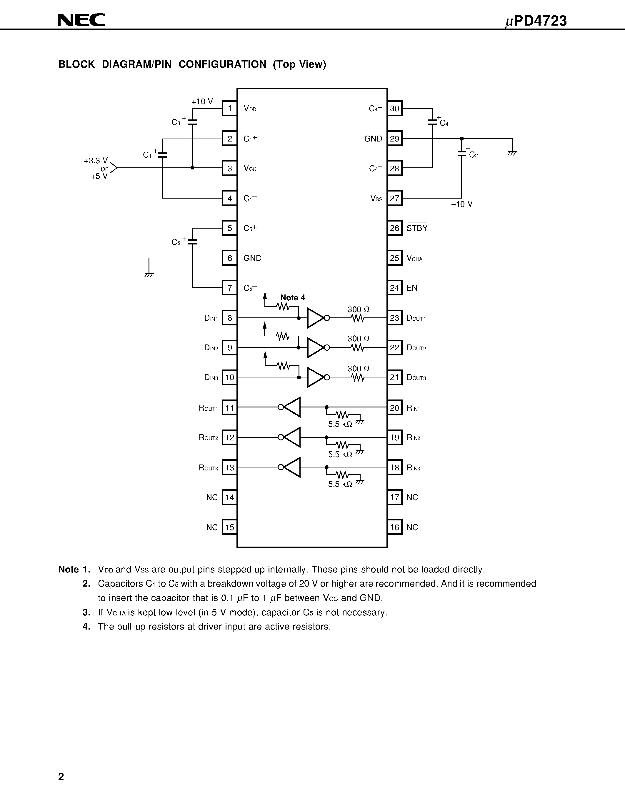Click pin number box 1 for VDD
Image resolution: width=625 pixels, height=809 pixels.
click(230, 109)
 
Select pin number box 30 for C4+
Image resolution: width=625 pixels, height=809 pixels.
click(395, 109)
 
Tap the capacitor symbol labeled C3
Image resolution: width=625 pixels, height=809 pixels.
click(192, 122)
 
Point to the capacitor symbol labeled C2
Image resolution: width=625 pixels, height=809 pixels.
click(461, 153)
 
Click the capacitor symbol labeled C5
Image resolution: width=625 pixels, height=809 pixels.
click(192, 241)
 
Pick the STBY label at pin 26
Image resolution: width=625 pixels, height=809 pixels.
click(417, 228)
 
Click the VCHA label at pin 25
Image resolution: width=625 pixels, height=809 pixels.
click(414, 259)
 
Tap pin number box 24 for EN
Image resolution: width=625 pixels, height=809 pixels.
click(395, 288)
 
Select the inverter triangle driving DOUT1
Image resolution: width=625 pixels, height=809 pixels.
click(316, 318)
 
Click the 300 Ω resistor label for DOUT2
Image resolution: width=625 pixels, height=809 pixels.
click(359, 339)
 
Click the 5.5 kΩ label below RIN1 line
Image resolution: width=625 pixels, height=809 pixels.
click(340, 424)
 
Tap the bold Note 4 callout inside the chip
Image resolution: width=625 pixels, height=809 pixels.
click(293, 297)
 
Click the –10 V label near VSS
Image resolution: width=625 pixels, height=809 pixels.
click(462, 204)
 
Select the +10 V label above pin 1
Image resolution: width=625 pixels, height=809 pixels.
click(202, 101)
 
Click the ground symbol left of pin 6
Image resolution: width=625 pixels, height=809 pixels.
click(149, 274)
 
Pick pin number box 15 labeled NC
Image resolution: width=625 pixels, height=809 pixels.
click(230, 527)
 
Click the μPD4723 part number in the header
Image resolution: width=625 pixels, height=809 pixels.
click(536, 21)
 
